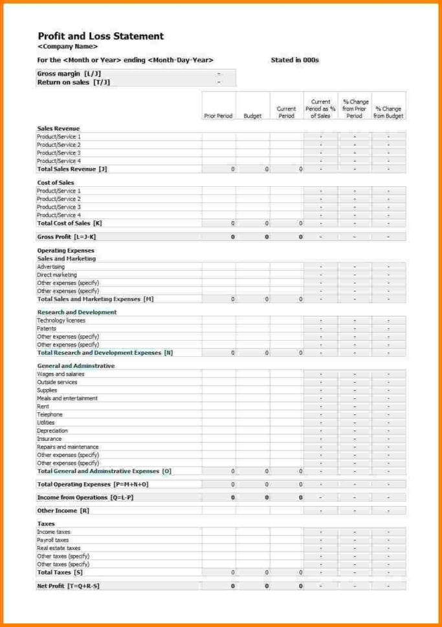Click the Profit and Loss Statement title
click(100, 36)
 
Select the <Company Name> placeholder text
click(68, 47)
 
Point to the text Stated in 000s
click(294, 60)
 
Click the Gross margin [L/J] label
click(69, 74)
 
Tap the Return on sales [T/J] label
click(73, 82)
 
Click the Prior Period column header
click(218, 116)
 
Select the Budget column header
click(252, 116)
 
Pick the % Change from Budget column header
click(388, 112)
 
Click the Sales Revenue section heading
click(58, 129)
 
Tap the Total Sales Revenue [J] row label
click(72, 169)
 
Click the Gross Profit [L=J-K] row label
click(67, 237)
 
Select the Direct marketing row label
click(57, 275)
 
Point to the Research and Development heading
click(77, 312)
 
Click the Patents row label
click(47, 328)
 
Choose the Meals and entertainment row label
click(67, 398)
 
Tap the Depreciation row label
click(52, 430)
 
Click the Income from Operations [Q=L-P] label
click(85, 498)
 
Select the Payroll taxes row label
click(53, 540)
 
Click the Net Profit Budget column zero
click(266, 586)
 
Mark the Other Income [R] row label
click(63, 511)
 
